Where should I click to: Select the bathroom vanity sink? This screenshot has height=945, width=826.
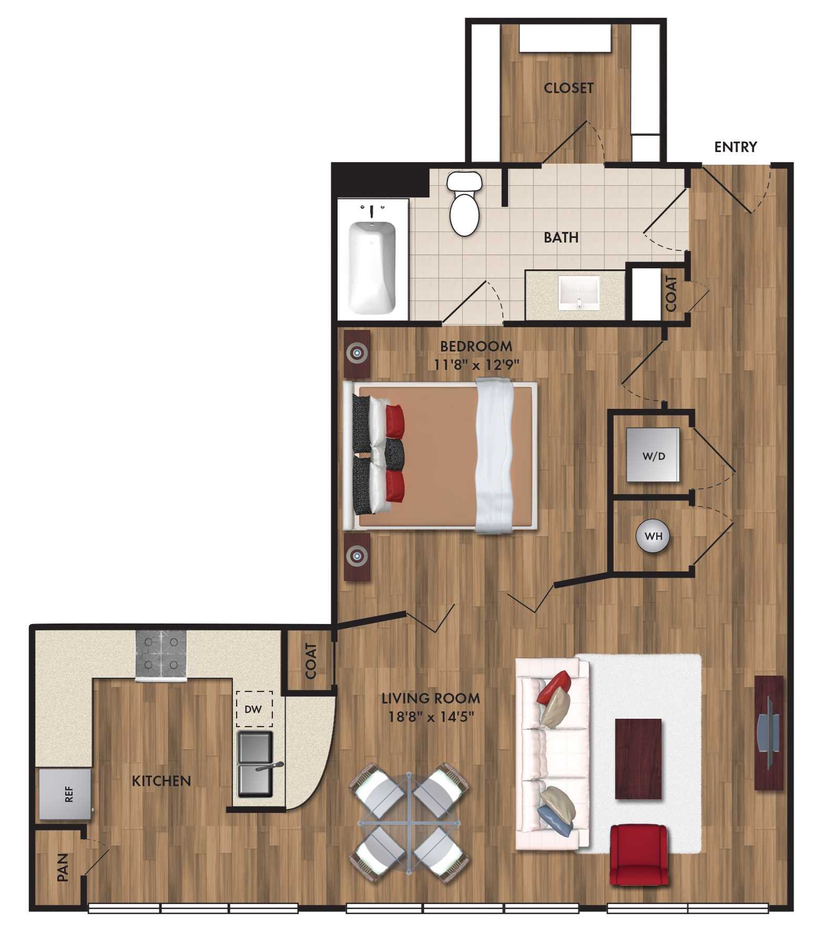pyautogui.click(x=578, y=293)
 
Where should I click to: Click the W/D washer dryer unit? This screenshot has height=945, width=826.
pyautogui.click(x=652, y=455)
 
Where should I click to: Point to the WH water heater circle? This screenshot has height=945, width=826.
pyautogui.click(x=653, y=536)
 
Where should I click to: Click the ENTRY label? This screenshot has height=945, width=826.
pyautogui.click(x=735, y=147)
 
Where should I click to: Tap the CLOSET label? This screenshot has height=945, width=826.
pyautogui.click(x=568, y=88)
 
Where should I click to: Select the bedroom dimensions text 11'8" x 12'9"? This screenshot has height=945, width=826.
pyautogui.click(x=476, y=364)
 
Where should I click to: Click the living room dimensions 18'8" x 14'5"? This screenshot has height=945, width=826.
pyautogui.click(x=430, y=716)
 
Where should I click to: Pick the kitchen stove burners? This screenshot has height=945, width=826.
pyautogui.click(x=161, y=653)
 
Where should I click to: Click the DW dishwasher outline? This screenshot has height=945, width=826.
pyautogui.click(x=253, y=709)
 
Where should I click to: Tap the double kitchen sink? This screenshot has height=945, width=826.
pyautogui.click(x=256, y=763)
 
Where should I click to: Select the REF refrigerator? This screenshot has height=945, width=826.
pyautogui.click(x=65, y=794)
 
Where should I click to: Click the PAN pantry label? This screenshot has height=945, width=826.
pyautogui.click(x=63, y=868)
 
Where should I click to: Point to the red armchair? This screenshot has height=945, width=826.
pyautogui.click(x=639, y=856)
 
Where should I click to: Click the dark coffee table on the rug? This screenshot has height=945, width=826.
pyautogui.click(x=638, y=758)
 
